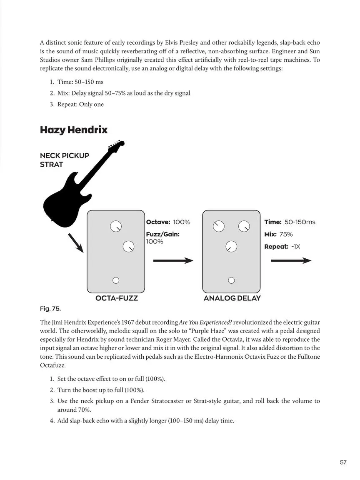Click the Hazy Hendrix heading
coord(74,130)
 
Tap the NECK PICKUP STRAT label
coord(65,160)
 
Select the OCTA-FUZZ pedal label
coord(117,298)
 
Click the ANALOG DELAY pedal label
coord(232,298)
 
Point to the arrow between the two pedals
coord(173,260)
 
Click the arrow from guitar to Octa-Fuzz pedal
coord(75,243)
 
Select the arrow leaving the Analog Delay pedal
coord(291,260)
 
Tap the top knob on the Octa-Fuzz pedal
coord(116,227)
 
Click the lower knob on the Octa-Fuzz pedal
coord(129,246)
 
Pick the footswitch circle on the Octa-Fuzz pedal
coord(116,280)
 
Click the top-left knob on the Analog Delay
coord(219,227)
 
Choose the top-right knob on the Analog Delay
coord(244,227)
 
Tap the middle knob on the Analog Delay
coord(231,246)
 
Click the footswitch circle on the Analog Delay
coord(231,280)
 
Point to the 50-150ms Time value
coord(300,222)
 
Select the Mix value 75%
coord(286,235)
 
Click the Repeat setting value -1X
coord(296,247)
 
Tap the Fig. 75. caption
coord(50,309)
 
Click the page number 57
coord(343,462)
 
